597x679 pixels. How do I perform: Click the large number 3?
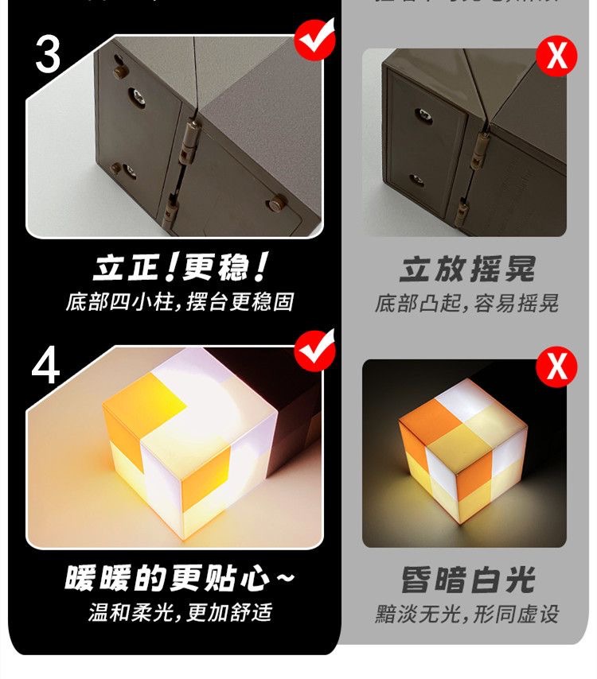tap(49, 53)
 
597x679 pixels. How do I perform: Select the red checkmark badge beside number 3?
tap(315, 39)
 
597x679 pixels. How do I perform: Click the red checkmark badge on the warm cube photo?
tap(315, 351)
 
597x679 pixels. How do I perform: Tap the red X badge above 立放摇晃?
tap(556, 56)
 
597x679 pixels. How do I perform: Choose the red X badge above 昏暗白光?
tap(556, 367)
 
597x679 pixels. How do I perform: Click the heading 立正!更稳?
tap(179, 269)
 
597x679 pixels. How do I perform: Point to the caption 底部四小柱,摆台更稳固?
tap(179, 303)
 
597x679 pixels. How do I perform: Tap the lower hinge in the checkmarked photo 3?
tap(169, 208)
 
